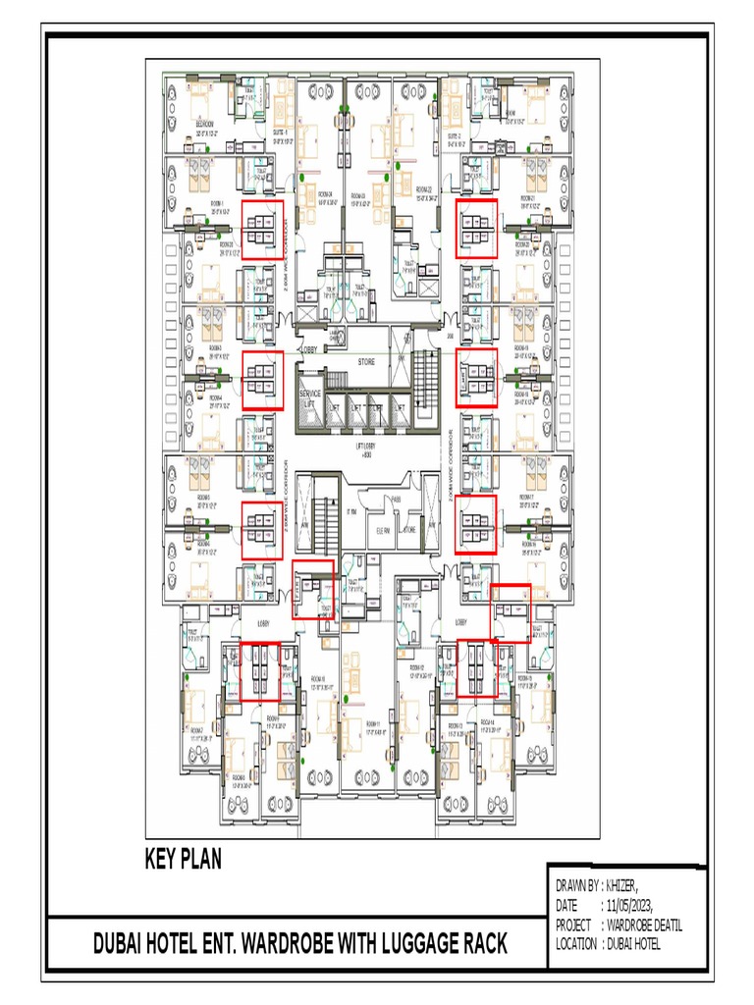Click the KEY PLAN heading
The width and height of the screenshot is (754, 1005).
coord(183,860)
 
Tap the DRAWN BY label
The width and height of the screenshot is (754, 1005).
coord(576,886)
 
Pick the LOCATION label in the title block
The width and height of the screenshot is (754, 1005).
coord(576,944)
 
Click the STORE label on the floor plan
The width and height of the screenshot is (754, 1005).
coord(365,362)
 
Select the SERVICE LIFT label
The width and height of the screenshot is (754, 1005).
coord(309,397)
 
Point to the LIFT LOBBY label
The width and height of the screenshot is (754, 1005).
coord(365,448)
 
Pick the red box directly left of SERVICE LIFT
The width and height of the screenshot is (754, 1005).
coord(262,379)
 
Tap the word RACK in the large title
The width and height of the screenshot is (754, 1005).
coord(482,944)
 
